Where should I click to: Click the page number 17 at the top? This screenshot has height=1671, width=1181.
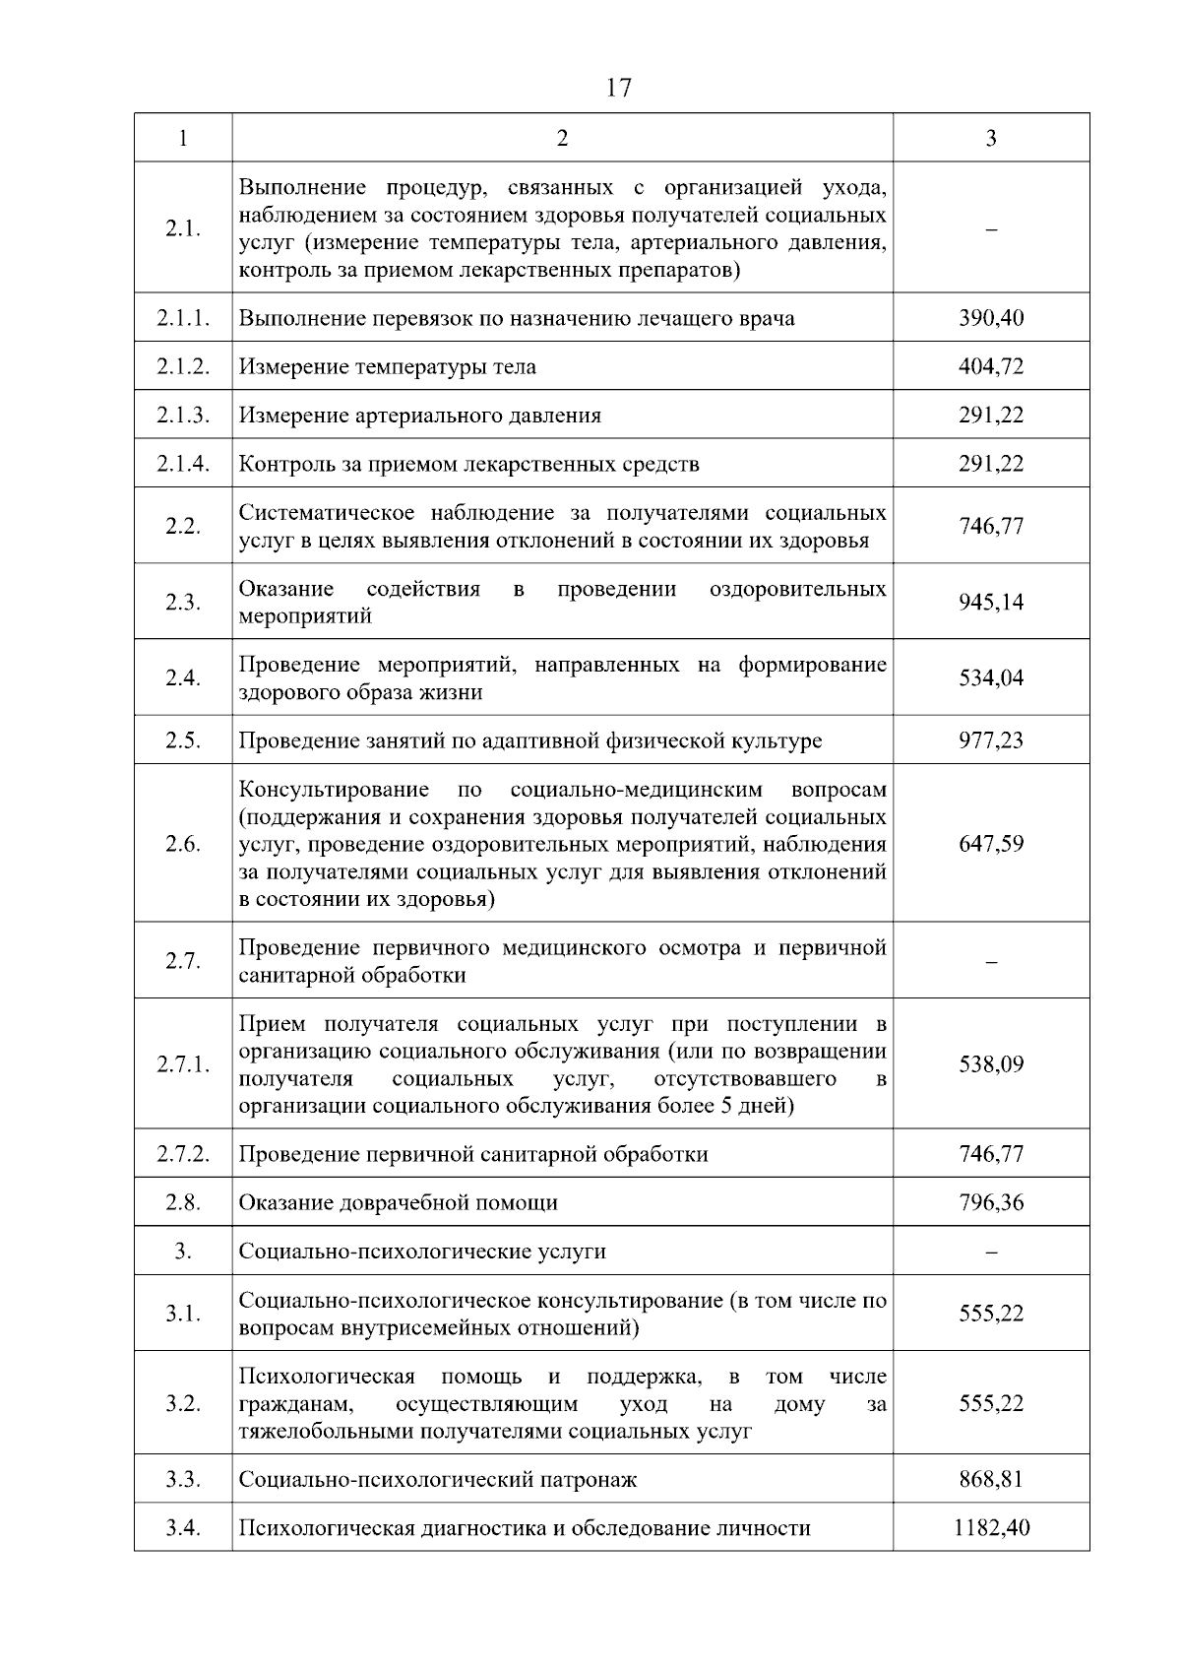(x=619, y=89)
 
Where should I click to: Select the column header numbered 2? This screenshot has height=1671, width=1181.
(x=562, y=138)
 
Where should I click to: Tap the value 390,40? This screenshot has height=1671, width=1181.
(x=991, y=318)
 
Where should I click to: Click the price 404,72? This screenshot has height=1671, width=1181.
(x=991, y=366)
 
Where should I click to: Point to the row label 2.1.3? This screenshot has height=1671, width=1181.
(x=183, y=415)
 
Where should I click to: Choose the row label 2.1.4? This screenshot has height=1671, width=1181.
(x=183, y=464)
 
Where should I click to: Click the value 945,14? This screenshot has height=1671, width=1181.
(x=991, y=602)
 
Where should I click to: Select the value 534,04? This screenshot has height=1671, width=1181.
(x=991, y=677)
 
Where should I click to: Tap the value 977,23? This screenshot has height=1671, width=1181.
(x=991, y=739)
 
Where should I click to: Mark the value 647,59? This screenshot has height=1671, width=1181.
(x=991, y=844)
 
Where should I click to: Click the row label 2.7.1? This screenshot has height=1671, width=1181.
(x=183, y=1064)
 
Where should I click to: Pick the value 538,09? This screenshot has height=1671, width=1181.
(x=991, y=1064)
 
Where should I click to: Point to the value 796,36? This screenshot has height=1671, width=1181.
(x=991, y=1202)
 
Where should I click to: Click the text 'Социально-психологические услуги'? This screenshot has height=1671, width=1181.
(x=422, y=1252)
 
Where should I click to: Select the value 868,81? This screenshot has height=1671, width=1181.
(x=991, y=1479)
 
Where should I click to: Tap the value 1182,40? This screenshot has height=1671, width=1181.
(x=991, y=1528)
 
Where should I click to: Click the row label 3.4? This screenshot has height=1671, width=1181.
(x=183, y=1528)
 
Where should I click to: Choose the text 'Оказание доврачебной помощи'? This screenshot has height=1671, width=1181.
(x=398, y=1202)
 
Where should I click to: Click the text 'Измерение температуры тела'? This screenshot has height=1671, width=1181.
(x=387, y=366)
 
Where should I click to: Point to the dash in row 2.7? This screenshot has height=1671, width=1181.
(x=991, y=962)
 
